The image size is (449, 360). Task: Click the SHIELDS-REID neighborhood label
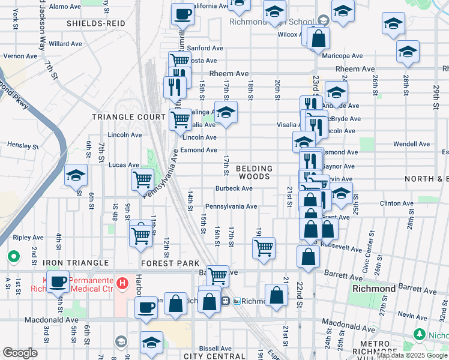[96, 23]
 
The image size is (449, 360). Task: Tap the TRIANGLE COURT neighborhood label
[128, 117]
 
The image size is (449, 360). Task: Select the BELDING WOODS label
[254, 173]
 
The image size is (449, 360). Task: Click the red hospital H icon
[122, 283]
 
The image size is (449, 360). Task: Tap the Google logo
[20, 353]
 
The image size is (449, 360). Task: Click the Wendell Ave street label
[412, 144]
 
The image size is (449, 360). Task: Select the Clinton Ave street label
[397, 203]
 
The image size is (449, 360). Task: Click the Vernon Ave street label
[21, 56]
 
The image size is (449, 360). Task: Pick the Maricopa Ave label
[342, 56]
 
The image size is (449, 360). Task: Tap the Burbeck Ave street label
[234, 188]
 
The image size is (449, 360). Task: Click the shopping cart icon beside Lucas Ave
[143, 179]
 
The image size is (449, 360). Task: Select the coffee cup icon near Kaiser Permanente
[58, 281]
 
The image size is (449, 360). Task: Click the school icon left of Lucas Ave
[76, 176]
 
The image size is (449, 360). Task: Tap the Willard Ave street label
[65, 44]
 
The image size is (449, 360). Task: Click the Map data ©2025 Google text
[411, 355]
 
